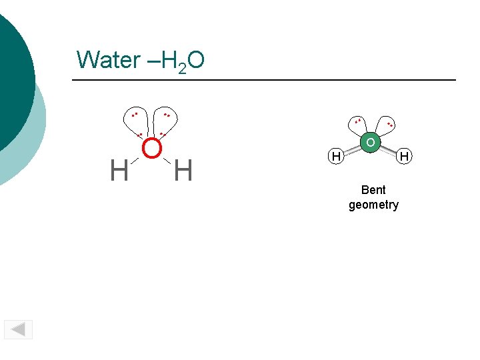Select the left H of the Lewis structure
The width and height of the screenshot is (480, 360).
[x=119, y=171]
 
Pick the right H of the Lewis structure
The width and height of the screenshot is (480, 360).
[x=183, y=171]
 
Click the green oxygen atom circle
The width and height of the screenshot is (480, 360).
[x=370, y=143]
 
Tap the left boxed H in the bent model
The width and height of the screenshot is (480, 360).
[x=337, y=157]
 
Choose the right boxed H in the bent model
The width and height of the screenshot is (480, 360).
[x=403, y=157]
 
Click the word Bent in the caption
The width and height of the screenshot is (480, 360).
[x=373, y=190]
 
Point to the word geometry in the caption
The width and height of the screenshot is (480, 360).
[x=373, y=205]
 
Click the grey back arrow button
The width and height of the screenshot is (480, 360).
[x=19, y=329]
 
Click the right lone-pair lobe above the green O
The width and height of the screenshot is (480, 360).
[x=387, y=125]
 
